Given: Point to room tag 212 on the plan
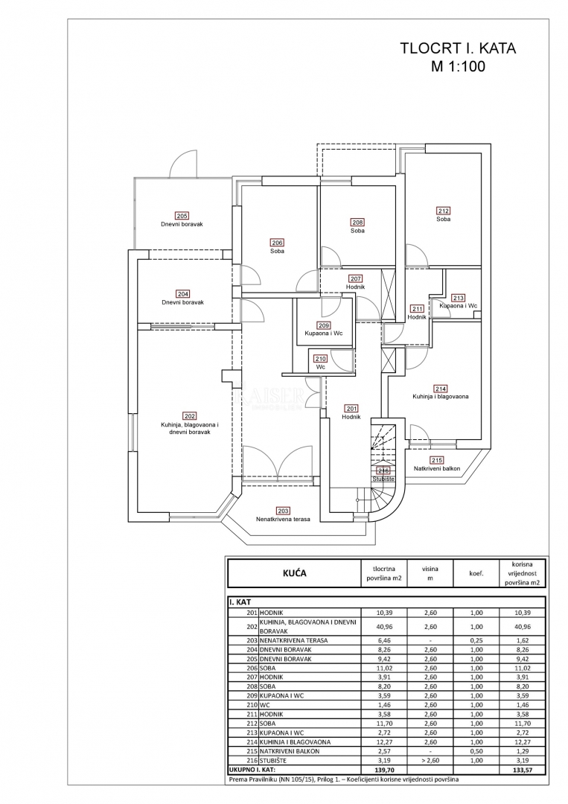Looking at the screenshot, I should pyautogui.click(x=443, y=211).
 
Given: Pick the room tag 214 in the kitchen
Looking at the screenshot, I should pyautogui.click(x=441, y=389).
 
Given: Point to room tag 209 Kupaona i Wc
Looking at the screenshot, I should pyautogui.click(x=323, y=325).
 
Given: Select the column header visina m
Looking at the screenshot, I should pyautogui.click(x=427, y=573).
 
